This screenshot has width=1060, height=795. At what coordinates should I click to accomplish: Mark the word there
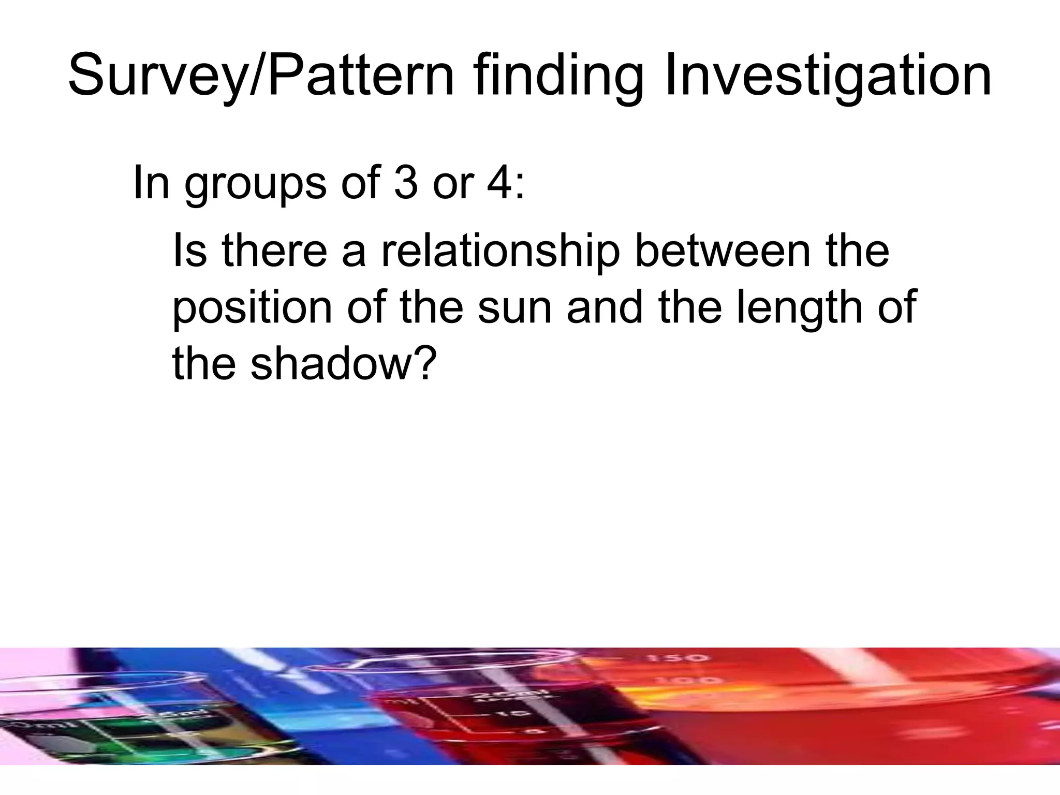click(275, 251)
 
